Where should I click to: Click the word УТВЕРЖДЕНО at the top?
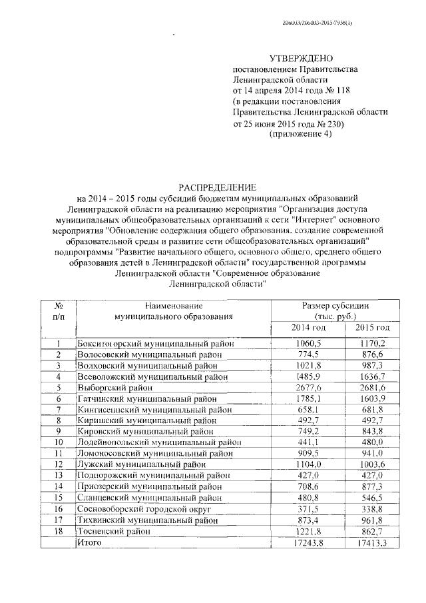(301, 59)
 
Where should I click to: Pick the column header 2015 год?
(373, 328)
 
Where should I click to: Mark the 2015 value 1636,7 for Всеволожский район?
(373, 376)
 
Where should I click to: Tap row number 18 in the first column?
(59, 531)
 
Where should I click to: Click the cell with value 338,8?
(373, 508)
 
